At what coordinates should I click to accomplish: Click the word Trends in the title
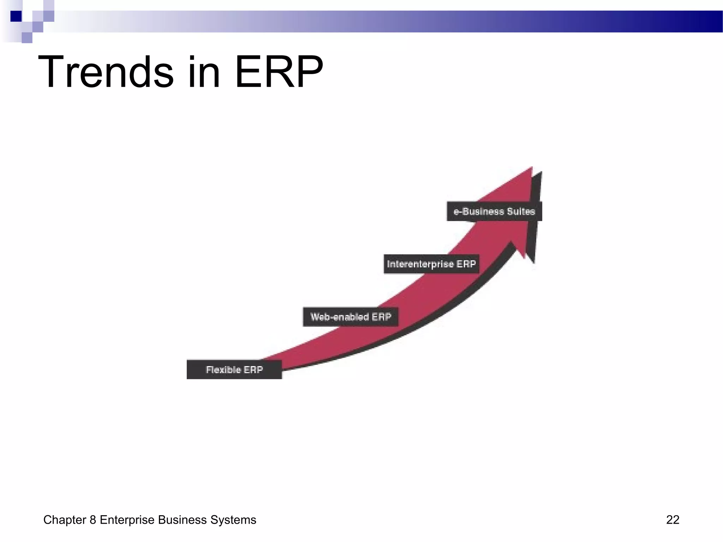[x=106, y=72]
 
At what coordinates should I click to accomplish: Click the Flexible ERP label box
[x=234, y=369]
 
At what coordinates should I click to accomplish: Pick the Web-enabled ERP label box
[x=351, y=317]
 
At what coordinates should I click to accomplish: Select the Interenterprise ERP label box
[x=431, y=264]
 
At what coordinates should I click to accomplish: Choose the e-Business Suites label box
[x=494, y=211]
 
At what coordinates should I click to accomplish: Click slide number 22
[x=672, y=520]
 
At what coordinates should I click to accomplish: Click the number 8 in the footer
[x=93, y=520]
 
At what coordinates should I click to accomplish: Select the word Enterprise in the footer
[x=127, y=520]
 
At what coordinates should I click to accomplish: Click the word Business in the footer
[x=182, y=520]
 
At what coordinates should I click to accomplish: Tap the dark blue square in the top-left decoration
[x=16, y=16]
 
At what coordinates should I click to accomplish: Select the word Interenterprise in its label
[x=420, y=264]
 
